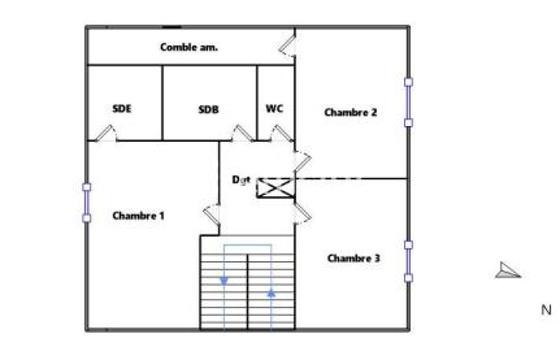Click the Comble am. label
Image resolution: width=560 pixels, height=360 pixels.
(x=188, y=47)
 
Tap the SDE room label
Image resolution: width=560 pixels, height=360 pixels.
(x=122, y=109)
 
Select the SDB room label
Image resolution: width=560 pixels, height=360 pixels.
(x=209, y=109)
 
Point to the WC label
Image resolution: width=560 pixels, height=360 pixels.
(x=274, y=109)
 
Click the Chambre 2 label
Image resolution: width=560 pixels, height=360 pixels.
(x=350, y=113)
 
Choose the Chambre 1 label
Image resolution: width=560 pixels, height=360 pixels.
(x=138, y=215)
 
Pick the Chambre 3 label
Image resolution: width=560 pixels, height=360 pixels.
(x=353, y=258)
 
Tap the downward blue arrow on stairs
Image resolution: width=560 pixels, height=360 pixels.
(x=224, y=280)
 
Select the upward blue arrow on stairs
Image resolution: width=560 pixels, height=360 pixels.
(x=271, y=292)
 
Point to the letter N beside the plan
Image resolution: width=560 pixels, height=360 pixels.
(x=545, y=310)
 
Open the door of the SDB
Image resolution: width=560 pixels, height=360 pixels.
(x=241, y=133)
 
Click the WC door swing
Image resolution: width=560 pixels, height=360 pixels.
(x=279, y=133)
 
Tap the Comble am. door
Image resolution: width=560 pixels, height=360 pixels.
(x=288, y=45)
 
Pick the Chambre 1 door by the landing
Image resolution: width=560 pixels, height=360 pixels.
(x=212, y=213)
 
